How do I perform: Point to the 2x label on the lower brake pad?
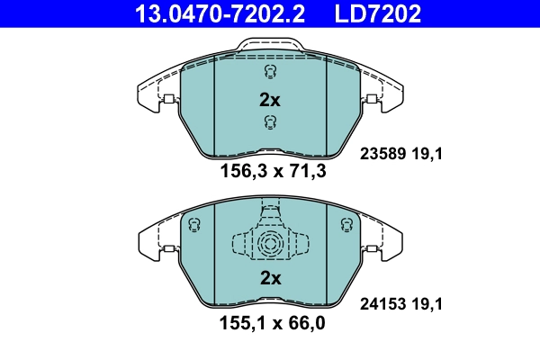point(270,279)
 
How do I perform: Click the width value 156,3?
point(239,173)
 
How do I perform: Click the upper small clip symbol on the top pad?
point(269,72)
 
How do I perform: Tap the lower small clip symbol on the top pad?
point(269,122)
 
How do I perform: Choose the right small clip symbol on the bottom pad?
point(343,225)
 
